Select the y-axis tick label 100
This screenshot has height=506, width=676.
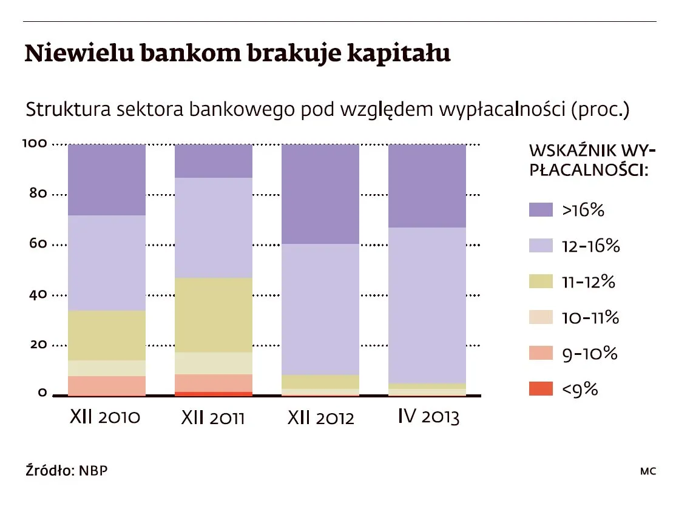click(35, 144)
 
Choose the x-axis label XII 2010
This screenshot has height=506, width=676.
click(106, 418)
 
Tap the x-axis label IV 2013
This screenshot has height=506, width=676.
click(428, 417)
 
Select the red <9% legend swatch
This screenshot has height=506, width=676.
click(541, 389)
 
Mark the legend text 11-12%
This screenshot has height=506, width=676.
click(589, 282)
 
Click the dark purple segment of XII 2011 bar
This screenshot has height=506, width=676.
click(213, 161)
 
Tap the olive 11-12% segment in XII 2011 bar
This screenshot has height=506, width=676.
click(213, 315)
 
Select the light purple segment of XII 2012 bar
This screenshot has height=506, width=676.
click(320, 309)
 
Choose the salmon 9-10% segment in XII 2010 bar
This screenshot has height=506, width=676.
click(106, 385)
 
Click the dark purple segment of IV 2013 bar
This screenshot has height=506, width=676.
click(427, 186)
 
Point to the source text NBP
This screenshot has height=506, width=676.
click(95, 470)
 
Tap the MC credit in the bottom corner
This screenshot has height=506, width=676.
click(647, 471)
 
